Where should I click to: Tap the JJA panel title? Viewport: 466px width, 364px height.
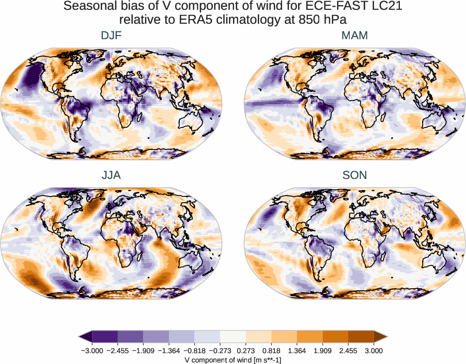111,175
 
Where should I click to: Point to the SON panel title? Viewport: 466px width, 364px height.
354,175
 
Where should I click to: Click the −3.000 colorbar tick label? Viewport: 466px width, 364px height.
93,351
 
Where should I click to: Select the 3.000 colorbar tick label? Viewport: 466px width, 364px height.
374,351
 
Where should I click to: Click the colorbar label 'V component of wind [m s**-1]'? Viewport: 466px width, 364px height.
233,359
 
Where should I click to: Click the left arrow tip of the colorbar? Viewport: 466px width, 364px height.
80,337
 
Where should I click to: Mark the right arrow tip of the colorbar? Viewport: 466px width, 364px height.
387,337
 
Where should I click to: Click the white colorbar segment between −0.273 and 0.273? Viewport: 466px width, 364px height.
233,337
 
